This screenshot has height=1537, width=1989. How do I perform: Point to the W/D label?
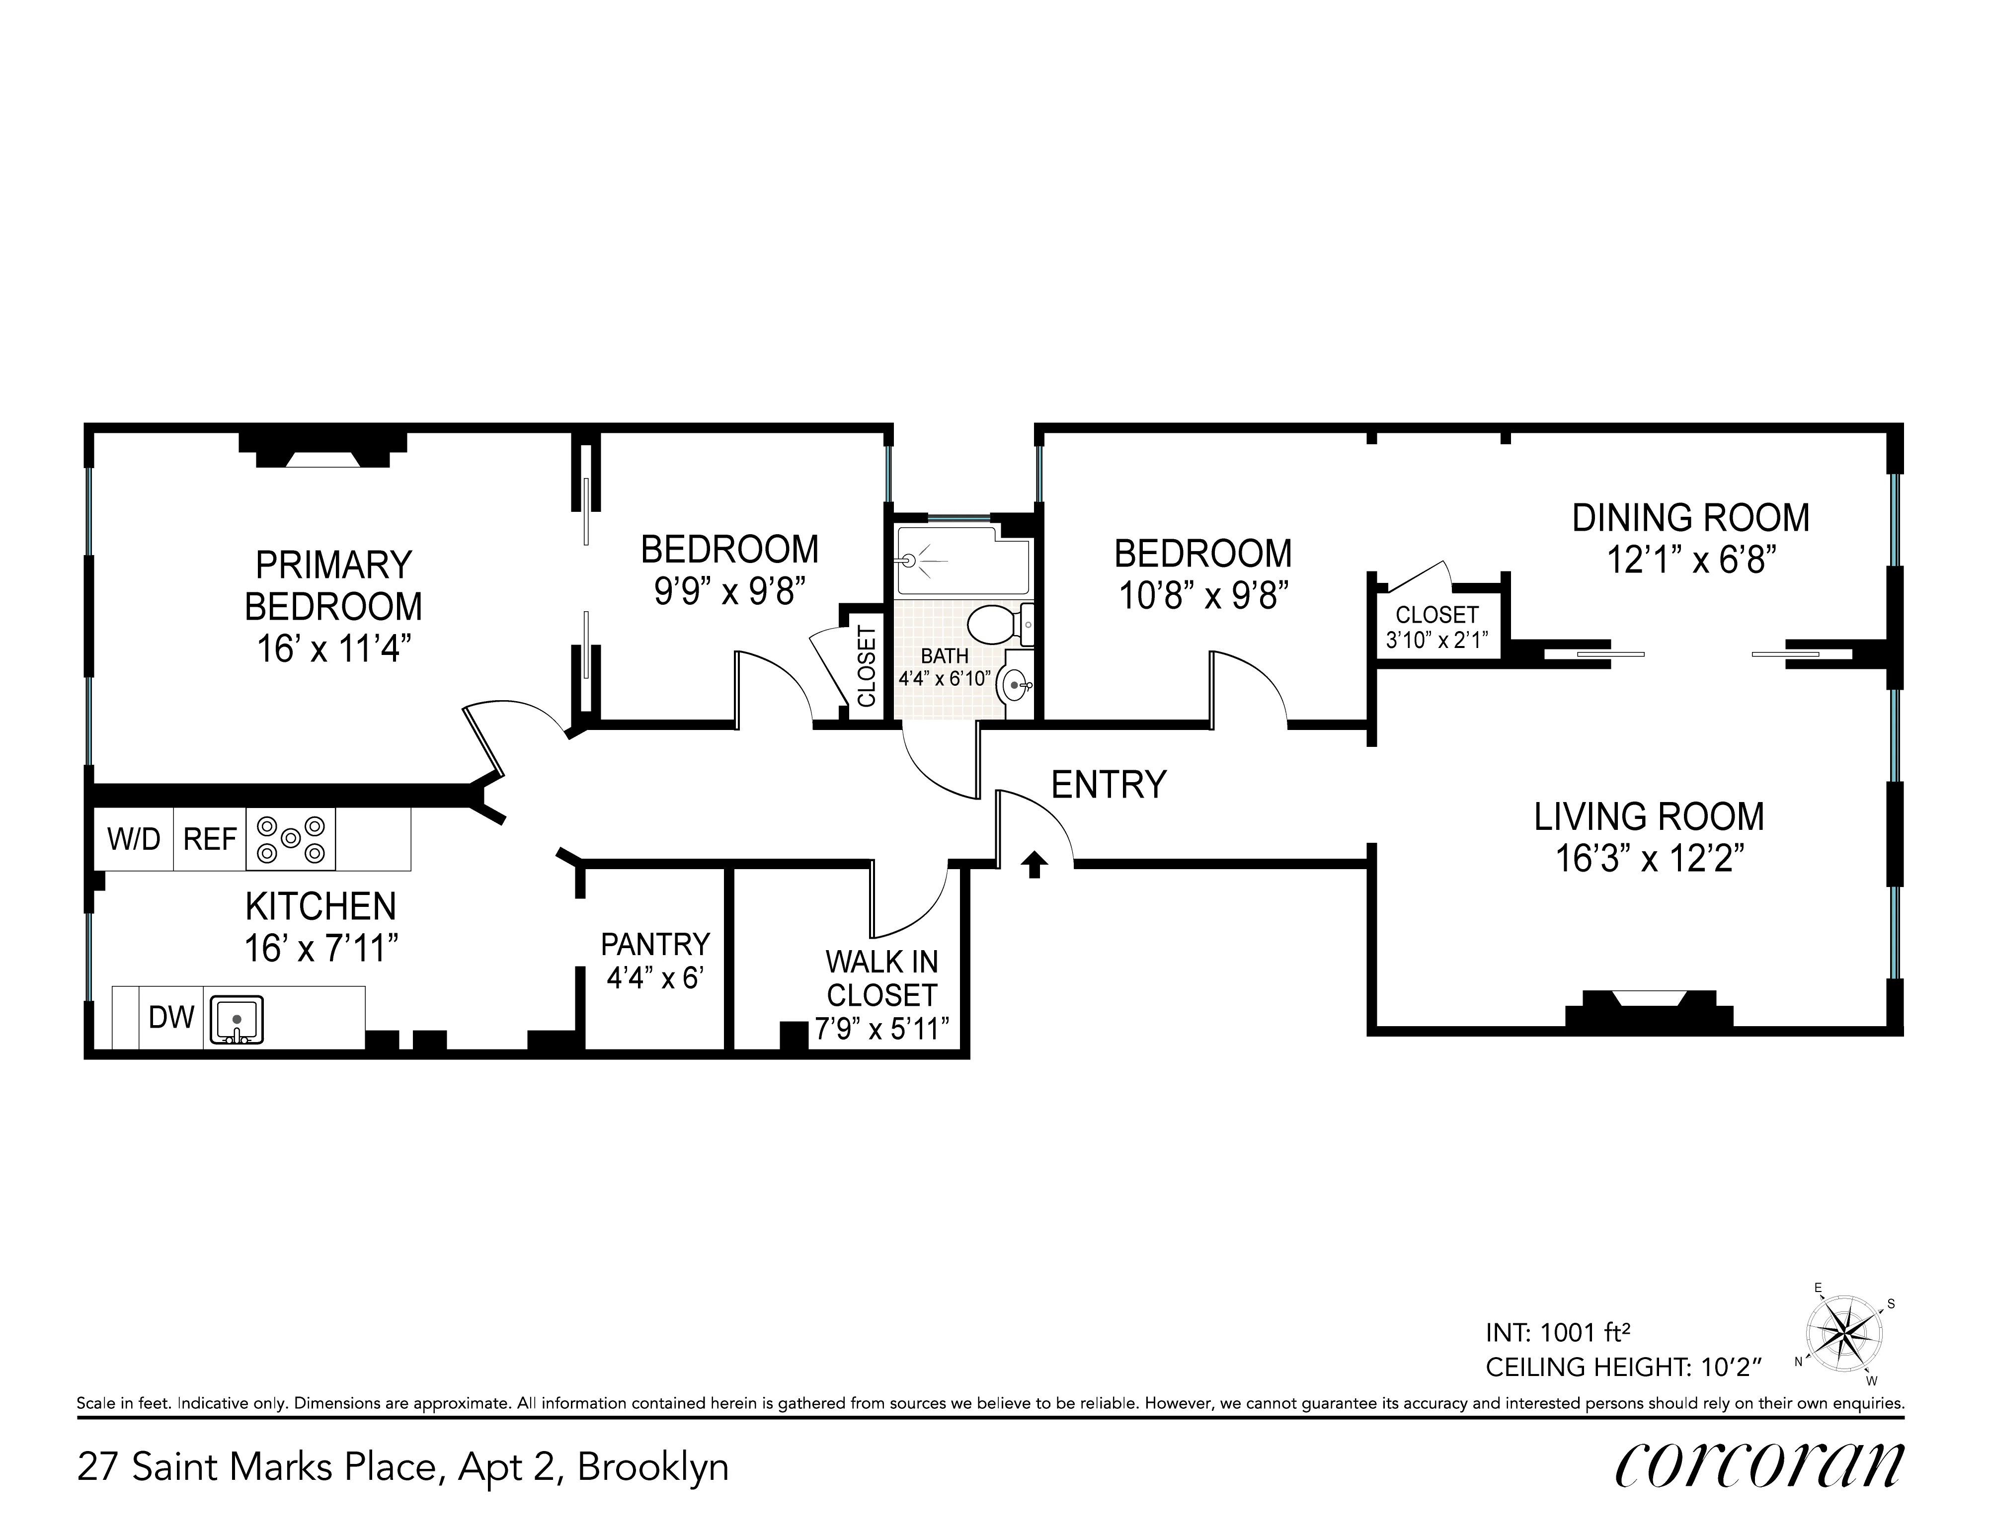(x=134, y=839)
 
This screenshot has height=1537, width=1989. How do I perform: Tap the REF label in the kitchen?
(x=210, y=839)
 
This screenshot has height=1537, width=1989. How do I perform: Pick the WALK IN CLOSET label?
(x=881, y=978)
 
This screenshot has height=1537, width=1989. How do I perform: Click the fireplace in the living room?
(x=1649, y=1011)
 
